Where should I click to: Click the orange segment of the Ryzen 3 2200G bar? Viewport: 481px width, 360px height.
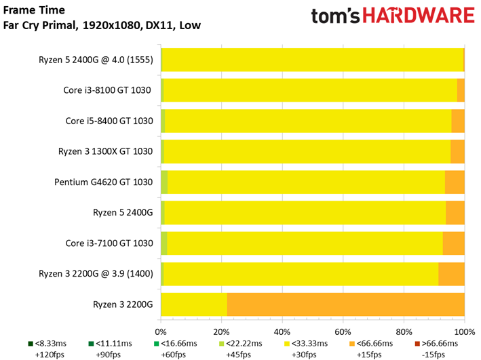pyautogui.click(x=346, y=304)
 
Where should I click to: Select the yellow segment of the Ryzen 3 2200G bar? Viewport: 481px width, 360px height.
pyautogui.click(x=194, y=304)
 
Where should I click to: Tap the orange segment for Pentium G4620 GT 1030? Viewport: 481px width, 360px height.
pyautogui.click(x=455, y=182)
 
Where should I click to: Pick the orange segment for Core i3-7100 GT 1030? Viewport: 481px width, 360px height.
pyautogui.click(x=454, y=243)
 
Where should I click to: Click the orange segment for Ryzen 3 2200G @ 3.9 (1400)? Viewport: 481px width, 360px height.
pyautogui.click(x=452, y=274)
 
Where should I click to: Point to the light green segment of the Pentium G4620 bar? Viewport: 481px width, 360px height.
pyautogui.click(x=164, y=182)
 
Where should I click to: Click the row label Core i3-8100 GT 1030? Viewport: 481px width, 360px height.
pyautogui.click(x=107, y=90)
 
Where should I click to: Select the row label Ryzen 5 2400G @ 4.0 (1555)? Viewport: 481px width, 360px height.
pyautogui.click(x=96, y=60)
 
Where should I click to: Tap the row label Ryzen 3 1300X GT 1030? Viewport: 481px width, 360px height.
pyautogui.click(x=105, y=151)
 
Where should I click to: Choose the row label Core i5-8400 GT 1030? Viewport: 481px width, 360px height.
pyautogui.click(x=109, y=121)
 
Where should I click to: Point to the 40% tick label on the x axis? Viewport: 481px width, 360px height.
pyautogui.click(x=282, y=332)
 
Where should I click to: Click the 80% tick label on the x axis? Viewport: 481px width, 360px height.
pyautogui.click(x=404, y=332)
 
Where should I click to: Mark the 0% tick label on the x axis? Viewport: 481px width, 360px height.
pyautogui.click(x=161, y=332)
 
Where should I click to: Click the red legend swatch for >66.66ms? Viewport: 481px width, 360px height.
pyautogui.click(x=417, y=344)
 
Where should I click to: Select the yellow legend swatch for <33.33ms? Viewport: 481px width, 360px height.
pyautogui.click(x=287, y=344)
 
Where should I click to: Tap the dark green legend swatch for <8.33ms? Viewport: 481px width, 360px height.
pyautogui.click(x=31, y=344)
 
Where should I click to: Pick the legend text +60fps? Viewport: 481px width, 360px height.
pyautogui.click(x=173, y=355)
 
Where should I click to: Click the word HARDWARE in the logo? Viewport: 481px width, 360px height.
pyautogui.click(x=419, y=16)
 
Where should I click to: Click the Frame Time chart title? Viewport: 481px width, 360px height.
pyautogui.click(x=34, y=10)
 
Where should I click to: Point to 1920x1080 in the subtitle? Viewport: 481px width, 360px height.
pyautogui.click(x=111, y=25)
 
